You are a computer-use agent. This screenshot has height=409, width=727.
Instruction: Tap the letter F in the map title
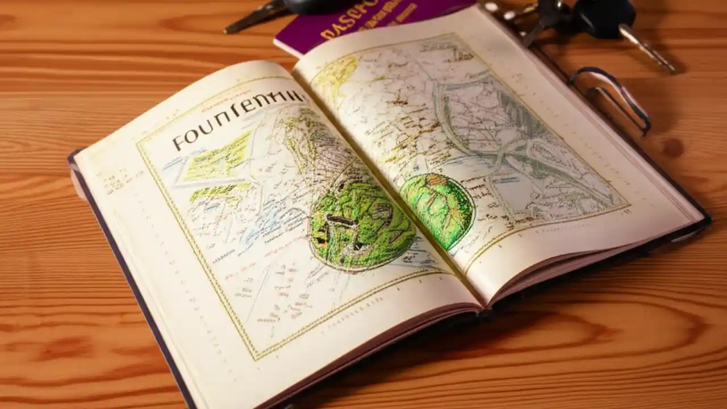click(177, 141)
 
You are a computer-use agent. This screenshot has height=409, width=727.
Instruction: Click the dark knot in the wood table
click(672, 148)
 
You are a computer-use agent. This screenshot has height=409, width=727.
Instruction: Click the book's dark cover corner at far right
click(708, 219)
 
